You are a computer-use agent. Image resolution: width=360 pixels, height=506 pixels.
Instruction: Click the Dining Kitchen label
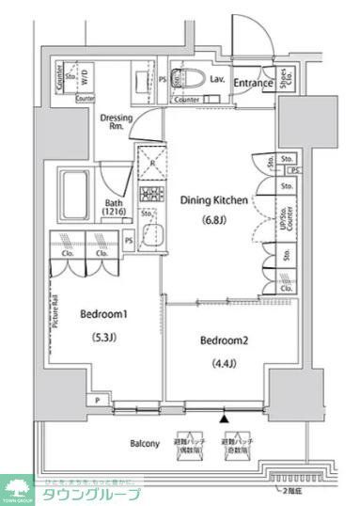tap(213, 200)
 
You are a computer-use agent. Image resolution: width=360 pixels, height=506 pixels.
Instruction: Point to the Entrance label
tap(253, 83)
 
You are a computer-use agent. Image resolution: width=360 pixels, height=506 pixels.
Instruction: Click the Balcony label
tap(145, 442)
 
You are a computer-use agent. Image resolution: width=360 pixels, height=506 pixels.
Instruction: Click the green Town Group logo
tap(17, 488)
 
